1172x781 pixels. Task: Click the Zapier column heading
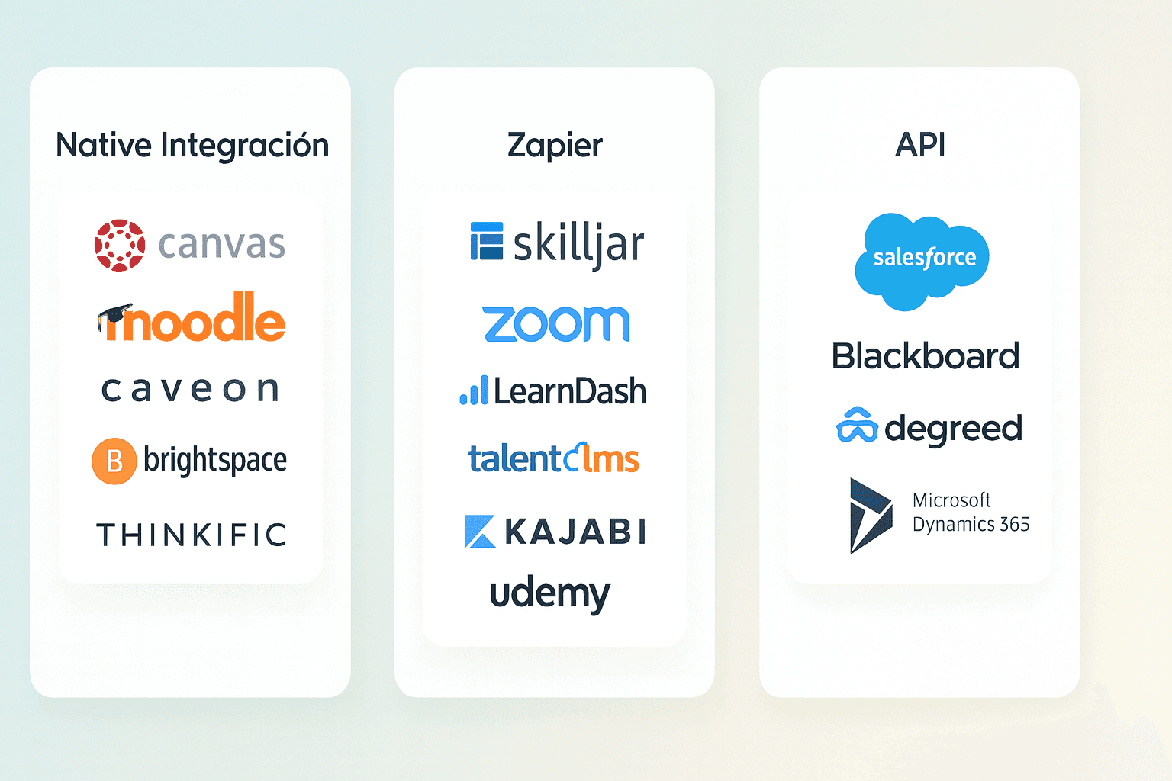tap(555, 145)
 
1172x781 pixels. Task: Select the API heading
tap(920, 145)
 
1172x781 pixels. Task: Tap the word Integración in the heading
tap(245, 145)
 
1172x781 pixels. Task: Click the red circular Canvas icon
tap(120, 246)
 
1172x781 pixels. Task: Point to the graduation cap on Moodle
tap(114, 315)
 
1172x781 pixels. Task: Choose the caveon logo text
tap(191, 389)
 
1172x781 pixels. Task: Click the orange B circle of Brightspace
tap(114, 461)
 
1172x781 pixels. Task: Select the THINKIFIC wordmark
tap(191, 535)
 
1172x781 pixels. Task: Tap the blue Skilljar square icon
tap(487, 242)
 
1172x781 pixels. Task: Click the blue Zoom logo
tap(556, 323)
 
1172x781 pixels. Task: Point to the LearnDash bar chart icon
tap(474, 390)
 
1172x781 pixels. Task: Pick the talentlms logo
tap(554, 458)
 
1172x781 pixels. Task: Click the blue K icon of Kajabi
tap(479, 532)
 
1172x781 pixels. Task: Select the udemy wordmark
tap(549, 594)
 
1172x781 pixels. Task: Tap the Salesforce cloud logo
tap(922, 259)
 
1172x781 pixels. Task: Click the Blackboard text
tap(926, 356)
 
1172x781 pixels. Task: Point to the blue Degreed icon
tap(857, 426)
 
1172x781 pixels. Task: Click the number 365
tap(1015, 525)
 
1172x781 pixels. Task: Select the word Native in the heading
tap(104, 145)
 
